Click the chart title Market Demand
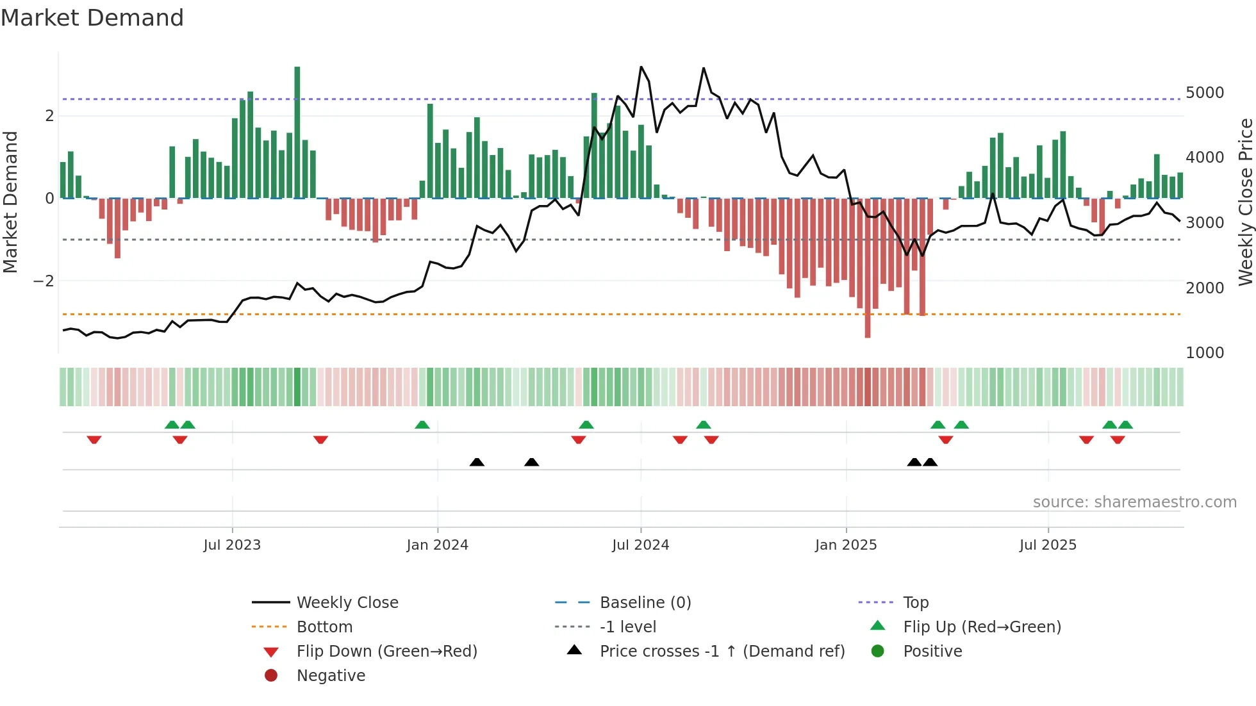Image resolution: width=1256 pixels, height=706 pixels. pos(92,18)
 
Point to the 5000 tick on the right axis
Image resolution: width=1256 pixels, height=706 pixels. pos(1204,93)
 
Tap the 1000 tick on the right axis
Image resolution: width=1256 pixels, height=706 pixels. pos(1204,353)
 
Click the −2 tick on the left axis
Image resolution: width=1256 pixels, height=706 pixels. pos(44,281)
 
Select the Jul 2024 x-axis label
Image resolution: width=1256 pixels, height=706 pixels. pos(640,545)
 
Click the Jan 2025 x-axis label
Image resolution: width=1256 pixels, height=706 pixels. pos(846,545)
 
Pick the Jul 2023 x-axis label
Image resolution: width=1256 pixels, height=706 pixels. pos(232,545)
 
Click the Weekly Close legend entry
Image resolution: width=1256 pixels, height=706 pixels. pos(347,603)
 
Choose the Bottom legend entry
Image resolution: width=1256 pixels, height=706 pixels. pos(324,627)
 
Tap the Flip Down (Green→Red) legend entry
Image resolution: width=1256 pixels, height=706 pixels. pos(386,652)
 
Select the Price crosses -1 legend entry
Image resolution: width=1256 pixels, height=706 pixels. pos(722,652)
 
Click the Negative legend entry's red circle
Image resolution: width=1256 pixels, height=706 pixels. pos(271,676)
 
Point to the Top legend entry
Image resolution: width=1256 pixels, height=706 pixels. pos(915,603)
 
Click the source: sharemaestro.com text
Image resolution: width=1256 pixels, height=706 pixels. pos(1134,502)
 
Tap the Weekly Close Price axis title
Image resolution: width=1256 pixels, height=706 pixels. pos(1245,202)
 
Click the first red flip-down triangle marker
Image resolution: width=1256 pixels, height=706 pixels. pos(94,439)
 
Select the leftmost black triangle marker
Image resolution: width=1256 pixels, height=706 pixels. pos(477,462)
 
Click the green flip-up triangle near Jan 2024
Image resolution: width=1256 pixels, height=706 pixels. pos(422,425)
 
